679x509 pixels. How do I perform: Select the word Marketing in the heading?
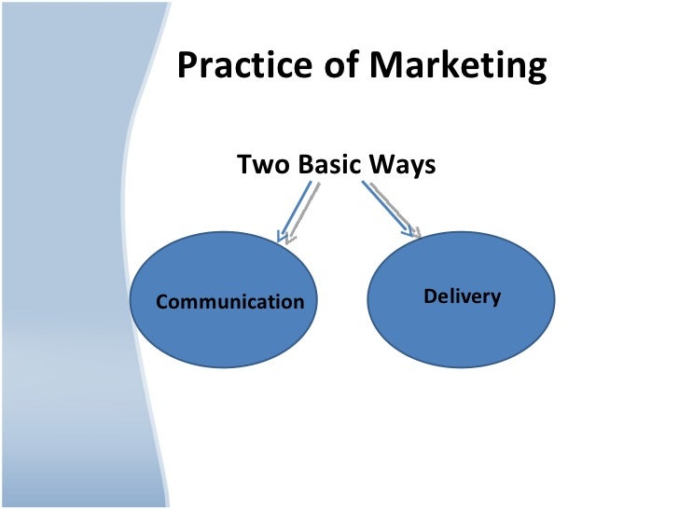[x=457, y=68]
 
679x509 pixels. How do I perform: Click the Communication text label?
[x=229, y=302]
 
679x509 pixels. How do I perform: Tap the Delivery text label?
[x=462, y=297]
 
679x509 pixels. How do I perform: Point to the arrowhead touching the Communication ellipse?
[x=284, y=237]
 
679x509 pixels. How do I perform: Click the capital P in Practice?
[x=186, y=66]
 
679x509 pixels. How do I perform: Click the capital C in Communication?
[x=161, y=302]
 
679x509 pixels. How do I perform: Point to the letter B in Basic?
[x=306, y=165]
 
